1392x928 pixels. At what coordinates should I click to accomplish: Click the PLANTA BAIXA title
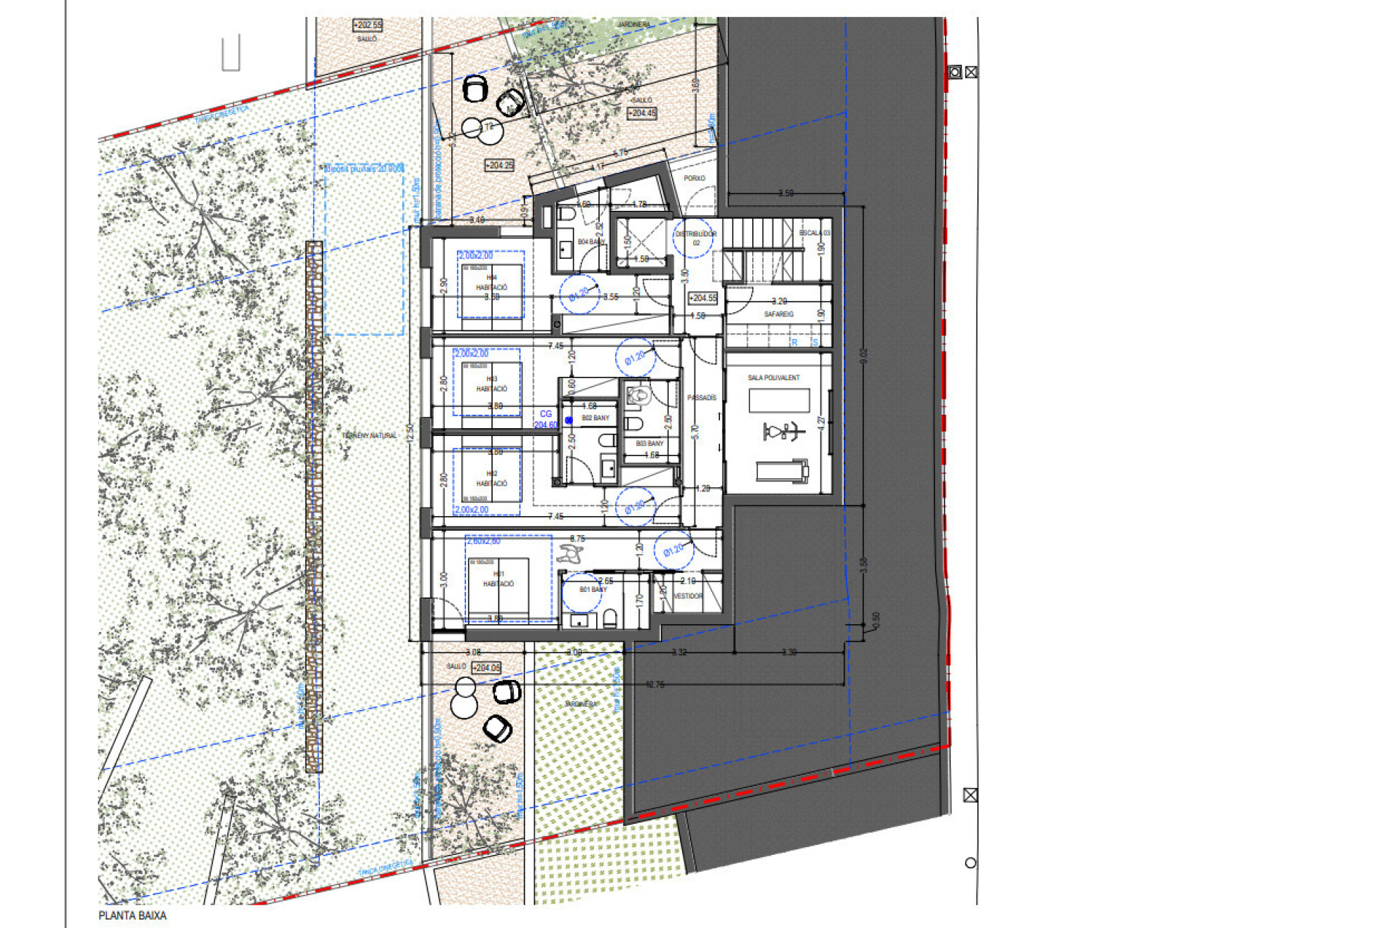(x=132, y=915)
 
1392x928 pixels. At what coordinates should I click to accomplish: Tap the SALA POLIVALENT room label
(x=773, y=378)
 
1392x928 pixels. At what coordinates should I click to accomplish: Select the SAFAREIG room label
(x=778, y=314)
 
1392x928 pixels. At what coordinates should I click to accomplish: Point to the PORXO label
(x=694, y=179)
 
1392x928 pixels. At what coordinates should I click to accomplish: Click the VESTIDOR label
(x=688, y=596)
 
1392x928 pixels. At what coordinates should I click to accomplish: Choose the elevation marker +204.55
(x=703, y=298)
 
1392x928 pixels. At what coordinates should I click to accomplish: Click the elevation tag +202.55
(x=367, y=25)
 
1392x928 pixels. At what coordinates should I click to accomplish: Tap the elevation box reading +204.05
(x=486, y=668)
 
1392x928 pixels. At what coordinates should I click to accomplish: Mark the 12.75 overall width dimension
(x=654, y=684)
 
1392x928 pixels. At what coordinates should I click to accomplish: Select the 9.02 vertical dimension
(x=864, y=356)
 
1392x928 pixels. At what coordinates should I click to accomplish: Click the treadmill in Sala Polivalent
(x=782, y=470)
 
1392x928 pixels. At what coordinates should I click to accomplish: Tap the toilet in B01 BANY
(x=610, y=619)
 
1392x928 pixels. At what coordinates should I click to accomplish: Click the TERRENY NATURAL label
(x=369, y=436)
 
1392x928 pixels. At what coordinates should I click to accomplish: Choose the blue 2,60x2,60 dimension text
(x=484, y=541)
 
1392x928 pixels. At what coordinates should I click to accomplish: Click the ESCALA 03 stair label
(x=814, y=233)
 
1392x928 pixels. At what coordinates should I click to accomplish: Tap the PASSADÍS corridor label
(x=701, y=398)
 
